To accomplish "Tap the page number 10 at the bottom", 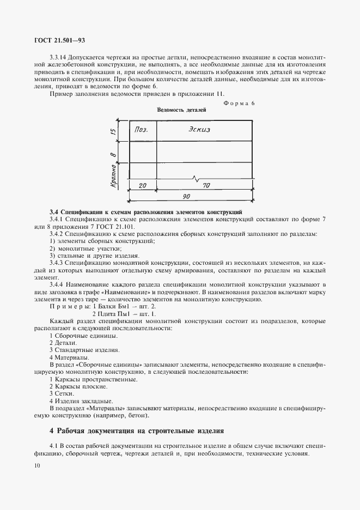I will coord(36,465).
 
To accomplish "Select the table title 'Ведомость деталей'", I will coord(181,110).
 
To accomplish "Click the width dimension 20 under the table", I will coord(143,186).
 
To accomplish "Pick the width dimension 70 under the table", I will coord(206,186).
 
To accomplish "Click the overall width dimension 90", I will coord(187,196).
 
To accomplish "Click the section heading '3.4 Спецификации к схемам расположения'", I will coord(146,211).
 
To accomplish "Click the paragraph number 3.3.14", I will coord(60,57).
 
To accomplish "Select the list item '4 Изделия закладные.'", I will coord(78,400).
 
